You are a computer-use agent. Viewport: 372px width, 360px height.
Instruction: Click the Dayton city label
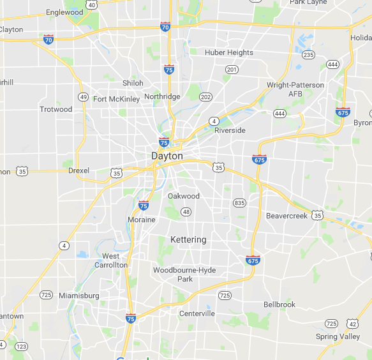(167, 156)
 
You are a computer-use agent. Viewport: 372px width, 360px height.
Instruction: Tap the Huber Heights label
(229, 52)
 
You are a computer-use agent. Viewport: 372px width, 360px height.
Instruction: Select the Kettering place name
(188, 239)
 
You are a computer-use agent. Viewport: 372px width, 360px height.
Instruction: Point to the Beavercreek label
(286, 216)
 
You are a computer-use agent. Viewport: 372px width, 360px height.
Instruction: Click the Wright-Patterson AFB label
(295, 89)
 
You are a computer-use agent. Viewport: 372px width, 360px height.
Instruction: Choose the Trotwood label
(56, 109)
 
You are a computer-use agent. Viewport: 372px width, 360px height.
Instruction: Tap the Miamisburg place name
(78, 296)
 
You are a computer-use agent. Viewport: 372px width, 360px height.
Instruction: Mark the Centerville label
(197, 313)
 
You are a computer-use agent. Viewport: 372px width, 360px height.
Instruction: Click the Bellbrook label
(279, 304)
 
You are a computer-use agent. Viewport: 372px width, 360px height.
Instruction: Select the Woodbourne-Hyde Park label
(184, 274)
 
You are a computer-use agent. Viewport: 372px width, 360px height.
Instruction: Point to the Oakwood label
(184, 196)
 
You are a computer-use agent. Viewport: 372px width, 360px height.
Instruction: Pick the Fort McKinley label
(116, 99)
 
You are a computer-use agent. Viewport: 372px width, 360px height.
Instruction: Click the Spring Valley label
(338, 336)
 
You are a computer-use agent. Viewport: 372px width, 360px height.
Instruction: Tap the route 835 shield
(239, 203)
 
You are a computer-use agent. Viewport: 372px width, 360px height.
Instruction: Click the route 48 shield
(186, 212)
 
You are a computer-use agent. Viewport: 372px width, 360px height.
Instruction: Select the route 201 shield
(232, 69)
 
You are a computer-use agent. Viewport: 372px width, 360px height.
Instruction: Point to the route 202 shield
(205, 97)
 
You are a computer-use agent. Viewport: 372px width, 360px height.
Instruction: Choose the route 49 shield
(83, 97)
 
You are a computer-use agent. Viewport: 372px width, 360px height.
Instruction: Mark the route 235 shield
(309, 55)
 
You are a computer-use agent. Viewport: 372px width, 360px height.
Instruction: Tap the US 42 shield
(353, 324)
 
